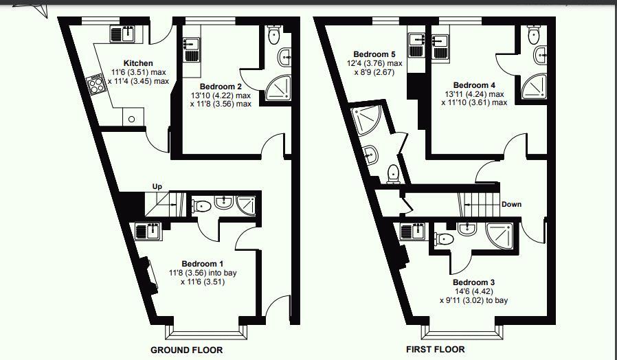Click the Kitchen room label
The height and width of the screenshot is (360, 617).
(138, 63)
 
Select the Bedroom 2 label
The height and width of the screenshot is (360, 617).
(221, 87)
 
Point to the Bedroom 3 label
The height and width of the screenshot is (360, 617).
(474, 282)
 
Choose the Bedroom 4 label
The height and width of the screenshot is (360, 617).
(474, 85)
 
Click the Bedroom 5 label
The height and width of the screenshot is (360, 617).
(374, 54)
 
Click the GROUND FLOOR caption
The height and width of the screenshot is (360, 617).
(186, 350)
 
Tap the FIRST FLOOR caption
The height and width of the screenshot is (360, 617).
(435, 349)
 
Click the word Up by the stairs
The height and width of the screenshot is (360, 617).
(157, 186)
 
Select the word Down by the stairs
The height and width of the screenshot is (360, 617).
(512, 204)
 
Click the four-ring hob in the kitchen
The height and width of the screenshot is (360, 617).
(96, 85)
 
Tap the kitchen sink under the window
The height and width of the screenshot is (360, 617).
(122, 34)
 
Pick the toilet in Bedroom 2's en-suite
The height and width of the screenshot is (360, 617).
(273, 34)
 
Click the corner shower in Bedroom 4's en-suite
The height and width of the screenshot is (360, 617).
(535, 86)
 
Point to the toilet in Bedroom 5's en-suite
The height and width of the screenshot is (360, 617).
(394, 175)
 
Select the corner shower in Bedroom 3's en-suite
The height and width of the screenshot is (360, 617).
(500, 236)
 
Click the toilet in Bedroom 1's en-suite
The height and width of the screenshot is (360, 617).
(202, 206)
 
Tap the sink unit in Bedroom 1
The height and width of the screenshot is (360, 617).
(148, 231)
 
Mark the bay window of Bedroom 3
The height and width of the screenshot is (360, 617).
(462, 333)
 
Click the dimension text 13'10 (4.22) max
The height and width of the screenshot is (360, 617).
(221, 95)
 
